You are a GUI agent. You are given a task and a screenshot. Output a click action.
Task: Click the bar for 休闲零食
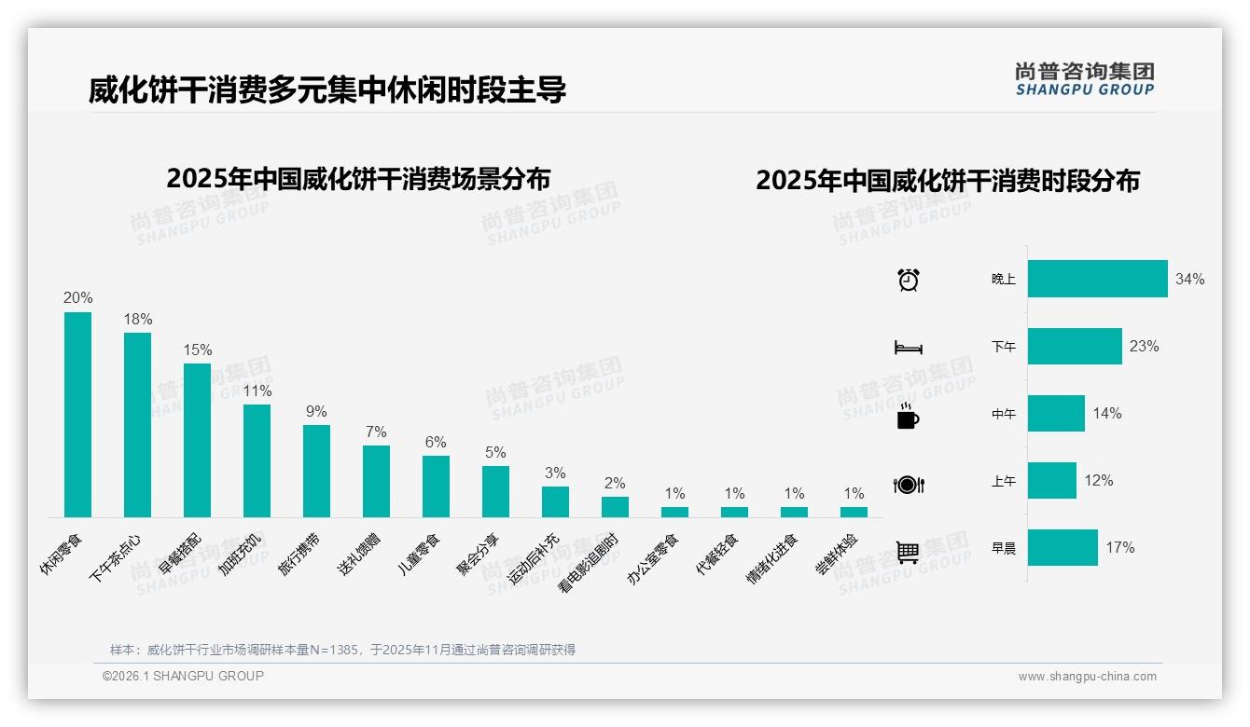[x=77, y=415]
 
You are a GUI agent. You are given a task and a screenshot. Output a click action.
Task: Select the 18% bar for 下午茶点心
[x=137, y=425]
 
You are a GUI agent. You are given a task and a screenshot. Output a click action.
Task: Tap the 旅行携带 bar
[x=316, y=471]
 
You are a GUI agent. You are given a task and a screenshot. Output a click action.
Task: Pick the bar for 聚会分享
[x=495, y=491]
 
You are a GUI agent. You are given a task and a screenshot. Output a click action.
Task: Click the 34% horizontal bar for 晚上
[x=1097, y=279]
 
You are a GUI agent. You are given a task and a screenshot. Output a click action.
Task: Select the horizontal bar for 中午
[x=1056, y=413]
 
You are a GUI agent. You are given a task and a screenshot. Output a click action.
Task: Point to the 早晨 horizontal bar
[x=1062, y=547]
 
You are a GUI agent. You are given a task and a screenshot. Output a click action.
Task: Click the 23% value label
[x=1144, y=347]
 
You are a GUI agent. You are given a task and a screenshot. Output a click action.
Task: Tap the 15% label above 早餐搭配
[x=197, y=350]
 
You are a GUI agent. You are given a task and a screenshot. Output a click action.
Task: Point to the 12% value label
[x=1098, y=481]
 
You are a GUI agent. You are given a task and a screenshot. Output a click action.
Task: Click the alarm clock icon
[x=908, y=280]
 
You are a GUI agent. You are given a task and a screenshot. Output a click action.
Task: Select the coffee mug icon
[x=908, y=417]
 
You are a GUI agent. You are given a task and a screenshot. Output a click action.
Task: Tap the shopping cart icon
[x=908, y=552]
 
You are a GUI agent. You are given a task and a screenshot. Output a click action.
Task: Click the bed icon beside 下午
[x=908, y=348]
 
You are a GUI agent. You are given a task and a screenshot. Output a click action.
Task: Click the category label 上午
[x=1003, y=482]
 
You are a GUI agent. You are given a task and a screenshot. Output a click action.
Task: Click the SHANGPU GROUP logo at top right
[x=1084, y=79]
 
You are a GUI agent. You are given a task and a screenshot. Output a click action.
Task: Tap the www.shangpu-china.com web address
[x=1087, y=677]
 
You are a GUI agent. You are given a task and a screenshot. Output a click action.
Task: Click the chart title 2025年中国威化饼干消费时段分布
[x=948, y=181]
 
